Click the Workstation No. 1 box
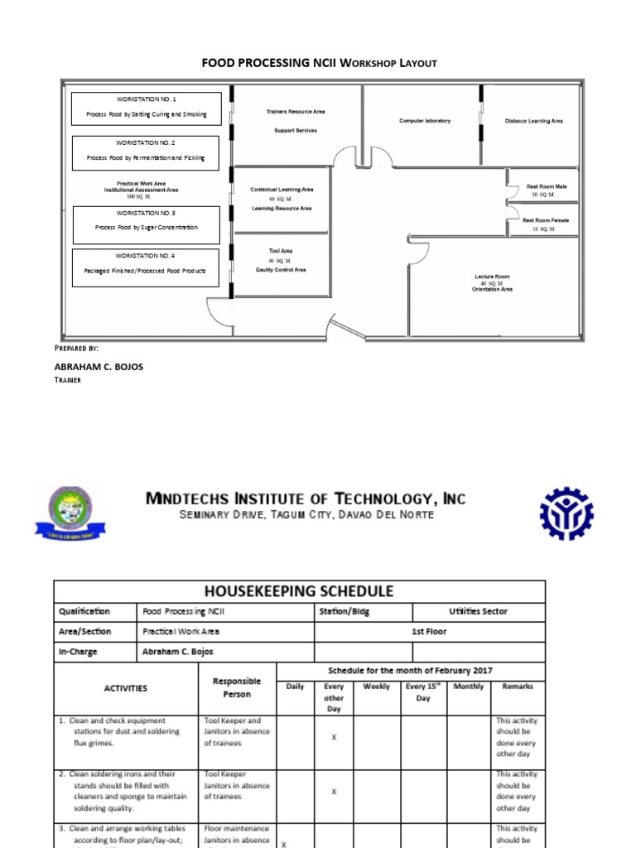click(146, 108)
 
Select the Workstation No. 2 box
click(146, 152)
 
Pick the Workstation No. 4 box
click(146, 267)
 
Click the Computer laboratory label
click(425, 121)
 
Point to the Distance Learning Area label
click(533, 121)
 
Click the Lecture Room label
click(492, 277)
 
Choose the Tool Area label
click(281, 251)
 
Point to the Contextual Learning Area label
click(282, 190)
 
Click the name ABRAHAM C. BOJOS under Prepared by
click(99, 366)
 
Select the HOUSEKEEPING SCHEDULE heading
click(299, 591)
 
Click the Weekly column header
click(377, 687)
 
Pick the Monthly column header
click(469, 687)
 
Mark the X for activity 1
click(334, 737)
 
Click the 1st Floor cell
click(429, 632)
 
